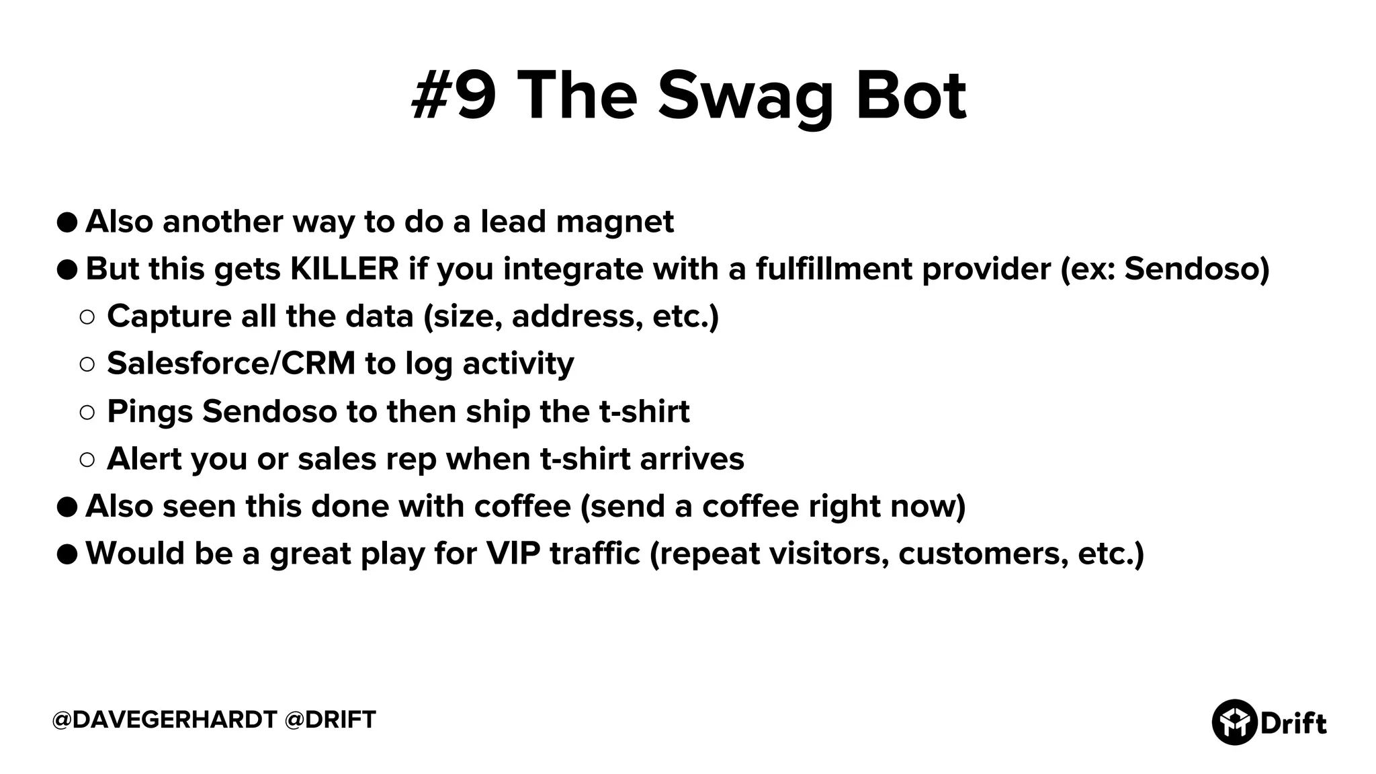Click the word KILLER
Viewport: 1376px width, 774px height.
point(344,269)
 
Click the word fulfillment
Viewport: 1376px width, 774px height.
point(834,269)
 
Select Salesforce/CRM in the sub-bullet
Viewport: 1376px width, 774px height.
point(231,363)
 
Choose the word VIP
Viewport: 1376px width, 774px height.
point(513,554)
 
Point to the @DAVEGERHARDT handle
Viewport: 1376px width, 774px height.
point(164,720)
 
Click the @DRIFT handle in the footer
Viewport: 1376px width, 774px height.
point(330,720)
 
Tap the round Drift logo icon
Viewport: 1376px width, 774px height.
point(1234,722)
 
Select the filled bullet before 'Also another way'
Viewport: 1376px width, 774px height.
point(67,222)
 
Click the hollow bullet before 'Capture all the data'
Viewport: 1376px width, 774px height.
point(87,317)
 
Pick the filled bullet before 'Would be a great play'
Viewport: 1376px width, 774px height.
point(67,554)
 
